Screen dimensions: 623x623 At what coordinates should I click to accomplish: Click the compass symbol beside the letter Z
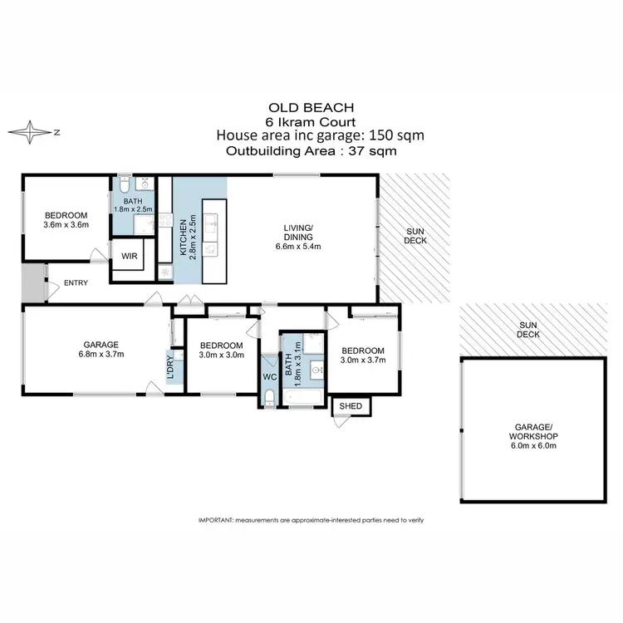click(31, 131)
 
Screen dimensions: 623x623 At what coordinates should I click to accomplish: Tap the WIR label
click(130, 257)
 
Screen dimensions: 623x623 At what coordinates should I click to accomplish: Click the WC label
click(269, 376)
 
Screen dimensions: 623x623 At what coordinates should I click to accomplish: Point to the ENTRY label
click(76, 283)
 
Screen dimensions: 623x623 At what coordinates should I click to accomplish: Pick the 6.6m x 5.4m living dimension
click(298, 247)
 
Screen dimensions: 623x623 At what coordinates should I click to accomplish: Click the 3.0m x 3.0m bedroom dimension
click(222, 356)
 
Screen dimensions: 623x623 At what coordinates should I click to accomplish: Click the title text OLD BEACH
click(311, 107)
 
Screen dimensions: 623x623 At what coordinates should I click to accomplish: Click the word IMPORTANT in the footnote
click(215, 520)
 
